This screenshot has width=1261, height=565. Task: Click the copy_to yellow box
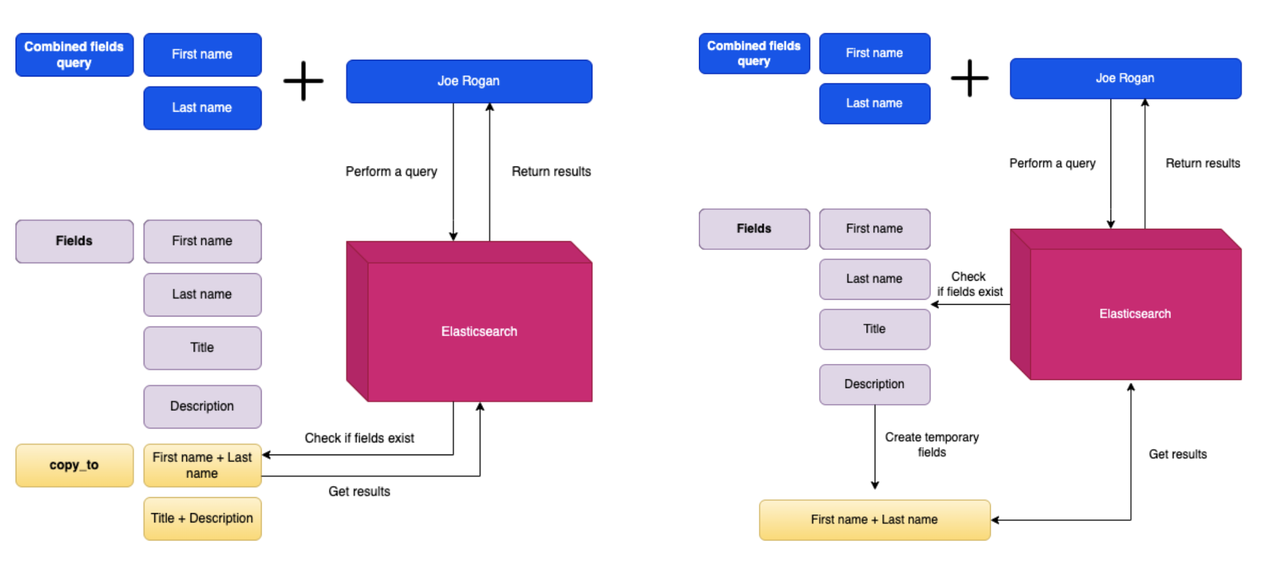74,465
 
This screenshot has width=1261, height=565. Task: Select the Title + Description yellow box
202,519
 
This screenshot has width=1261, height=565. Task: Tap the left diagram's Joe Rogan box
469,81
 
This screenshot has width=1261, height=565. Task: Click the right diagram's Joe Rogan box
1125,78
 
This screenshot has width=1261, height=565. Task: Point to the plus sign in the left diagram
304,81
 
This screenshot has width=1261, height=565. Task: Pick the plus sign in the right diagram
969,78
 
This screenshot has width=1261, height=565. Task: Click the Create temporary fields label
932,445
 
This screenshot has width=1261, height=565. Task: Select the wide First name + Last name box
874,520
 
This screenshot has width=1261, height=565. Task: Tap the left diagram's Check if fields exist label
359,438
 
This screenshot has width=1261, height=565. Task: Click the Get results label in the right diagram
1177,455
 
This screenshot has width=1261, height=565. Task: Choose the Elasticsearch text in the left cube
479,332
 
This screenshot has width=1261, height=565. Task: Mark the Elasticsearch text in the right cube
1135,314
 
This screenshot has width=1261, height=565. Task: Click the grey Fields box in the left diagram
74,241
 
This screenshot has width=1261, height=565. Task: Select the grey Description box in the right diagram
874,384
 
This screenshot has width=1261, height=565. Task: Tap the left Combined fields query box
74,55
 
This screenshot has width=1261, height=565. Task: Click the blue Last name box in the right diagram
874,104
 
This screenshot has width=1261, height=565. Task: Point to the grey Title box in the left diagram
202,348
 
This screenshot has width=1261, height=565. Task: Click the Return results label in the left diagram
551,171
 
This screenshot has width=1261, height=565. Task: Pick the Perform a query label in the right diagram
1052,163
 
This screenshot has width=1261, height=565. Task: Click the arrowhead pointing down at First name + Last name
874,485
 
